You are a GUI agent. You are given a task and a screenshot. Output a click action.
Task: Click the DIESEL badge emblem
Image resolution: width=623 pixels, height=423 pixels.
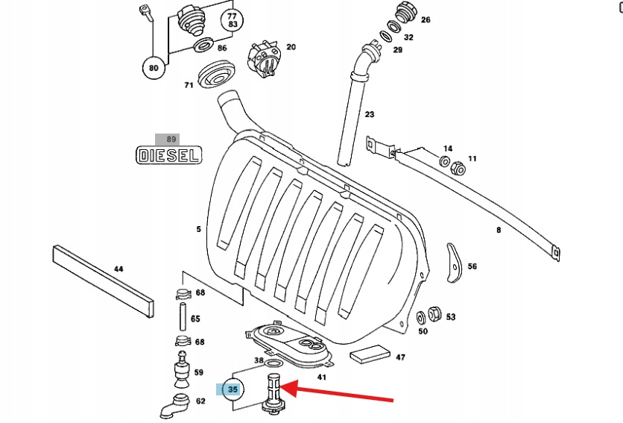click(x=169, y=155)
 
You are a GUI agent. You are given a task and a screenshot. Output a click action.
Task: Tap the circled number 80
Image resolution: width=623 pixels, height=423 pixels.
click(x=154, y=68)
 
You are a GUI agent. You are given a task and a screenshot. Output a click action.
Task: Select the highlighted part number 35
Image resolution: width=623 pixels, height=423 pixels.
click(x=233, y=389)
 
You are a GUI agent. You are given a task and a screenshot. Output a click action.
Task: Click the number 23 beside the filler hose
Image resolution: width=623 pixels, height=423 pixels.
click(x=370, y=114)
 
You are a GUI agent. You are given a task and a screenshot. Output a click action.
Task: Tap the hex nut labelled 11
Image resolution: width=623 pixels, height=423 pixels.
click(x=458, y=169)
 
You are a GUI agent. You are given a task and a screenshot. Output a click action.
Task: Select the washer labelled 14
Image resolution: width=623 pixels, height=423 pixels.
click(x=445, y=162)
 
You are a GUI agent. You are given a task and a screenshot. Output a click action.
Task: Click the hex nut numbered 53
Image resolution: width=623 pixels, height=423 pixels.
click(x=435, y=315)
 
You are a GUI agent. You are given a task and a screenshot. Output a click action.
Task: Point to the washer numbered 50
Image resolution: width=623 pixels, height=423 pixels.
click(x=421, y=316)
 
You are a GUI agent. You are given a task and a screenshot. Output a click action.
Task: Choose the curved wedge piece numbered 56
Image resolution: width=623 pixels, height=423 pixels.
click(x=452, y=262)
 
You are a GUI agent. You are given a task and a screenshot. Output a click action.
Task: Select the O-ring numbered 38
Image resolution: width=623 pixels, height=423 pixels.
click(x=273, y=363)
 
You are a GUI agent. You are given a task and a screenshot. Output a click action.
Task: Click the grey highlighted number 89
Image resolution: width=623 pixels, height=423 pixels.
click(x=171, y=139)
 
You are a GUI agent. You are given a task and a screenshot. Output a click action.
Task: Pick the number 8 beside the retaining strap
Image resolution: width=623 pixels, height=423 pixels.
click(x=499, y=230)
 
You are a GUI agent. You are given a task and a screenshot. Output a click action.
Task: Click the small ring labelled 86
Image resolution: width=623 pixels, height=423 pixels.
click(x=202, y=48)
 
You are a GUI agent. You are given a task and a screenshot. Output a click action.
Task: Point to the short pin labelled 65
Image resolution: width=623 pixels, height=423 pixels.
click(x=182, y=317)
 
